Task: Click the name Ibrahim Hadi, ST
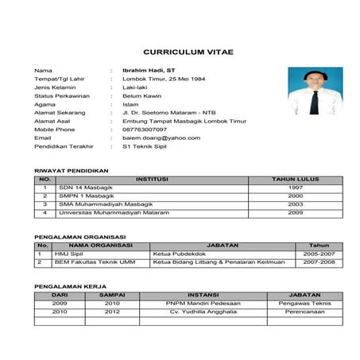(x=149, y=70)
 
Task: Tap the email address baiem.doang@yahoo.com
(x=161, y=137)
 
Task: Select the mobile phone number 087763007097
(x=145, y=128)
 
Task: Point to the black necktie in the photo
(x=315, y=102)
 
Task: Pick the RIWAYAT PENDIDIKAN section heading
(x=72, y=170)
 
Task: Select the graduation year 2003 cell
(x=296, y=204)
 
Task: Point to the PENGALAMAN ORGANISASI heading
(x=77, y=237)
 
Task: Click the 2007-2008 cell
(x=319, y=261)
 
